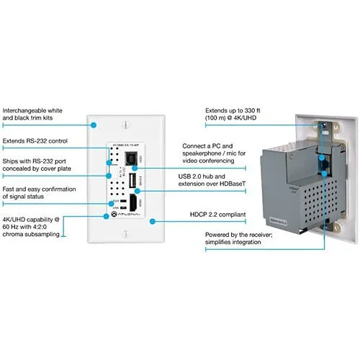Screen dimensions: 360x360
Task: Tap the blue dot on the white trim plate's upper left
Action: tap(93, 124)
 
